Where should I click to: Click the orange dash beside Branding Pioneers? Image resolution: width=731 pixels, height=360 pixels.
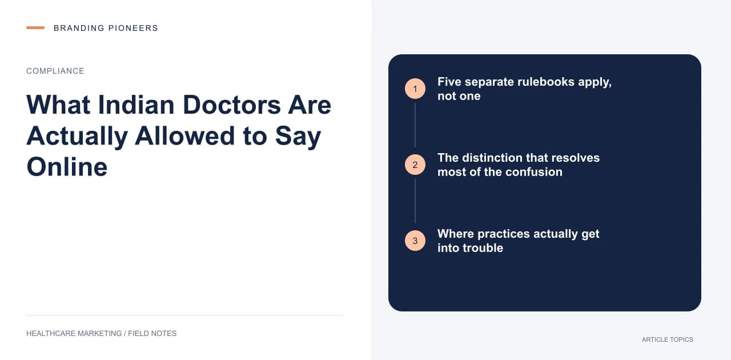pyautogui.click(x=35, y=28)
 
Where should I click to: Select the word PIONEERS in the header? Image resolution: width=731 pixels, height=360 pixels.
pyautogui.click(x=133, y=28)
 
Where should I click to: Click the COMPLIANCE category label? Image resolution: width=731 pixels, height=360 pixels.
pyautogui.click(x=55, y=71)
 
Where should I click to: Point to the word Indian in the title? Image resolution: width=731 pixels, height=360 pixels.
pyautogui.click(x=136, y=105)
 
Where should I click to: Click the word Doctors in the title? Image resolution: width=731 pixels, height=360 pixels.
pyautogui.click(x=232, y=105)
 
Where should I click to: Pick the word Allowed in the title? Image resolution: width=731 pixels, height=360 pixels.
pyautogui.click(x=184, y=136)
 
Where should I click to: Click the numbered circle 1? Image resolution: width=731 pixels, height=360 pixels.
pyautogui.click(x=415, y=89)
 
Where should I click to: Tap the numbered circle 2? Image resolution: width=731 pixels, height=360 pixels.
pyautogui.click(x=415, y=165)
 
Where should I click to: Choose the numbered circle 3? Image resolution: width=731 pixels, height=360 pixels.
pyautogui.click(x=415, y=241)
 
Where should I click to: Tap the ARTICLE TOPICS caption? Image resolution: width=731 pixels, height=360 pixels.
pyautogui.click(x=668, y=340)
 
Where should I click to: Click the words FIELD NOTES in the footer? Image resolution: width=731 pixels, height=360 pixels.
pyautogui.click(x=152, y=334)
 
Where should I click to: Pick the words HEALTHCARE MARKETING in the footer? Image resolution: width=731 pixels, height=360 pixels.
pyautogui.click(x=74, y=334)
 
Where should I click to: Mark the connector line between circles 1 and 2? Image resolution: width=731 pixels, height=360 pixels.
pyautogui.click(x=415, y=125)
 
